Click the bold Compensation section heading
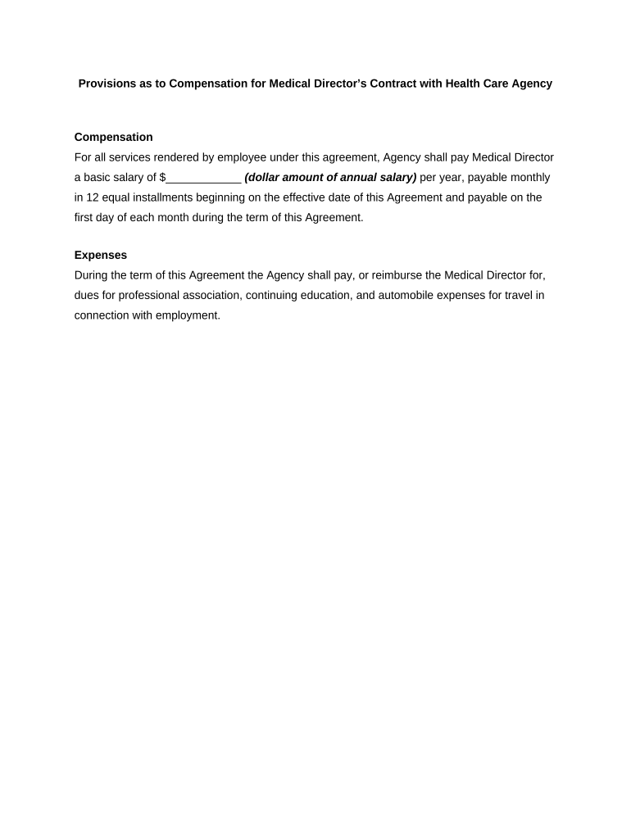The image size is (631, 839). [x=113, y=137]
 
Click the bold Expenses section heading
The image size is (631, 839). [x=100, y=255]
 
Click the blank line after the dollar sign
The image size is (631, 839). [x=203, y=178]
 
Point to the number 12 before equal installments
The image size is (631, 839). [x=93, y=197]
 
